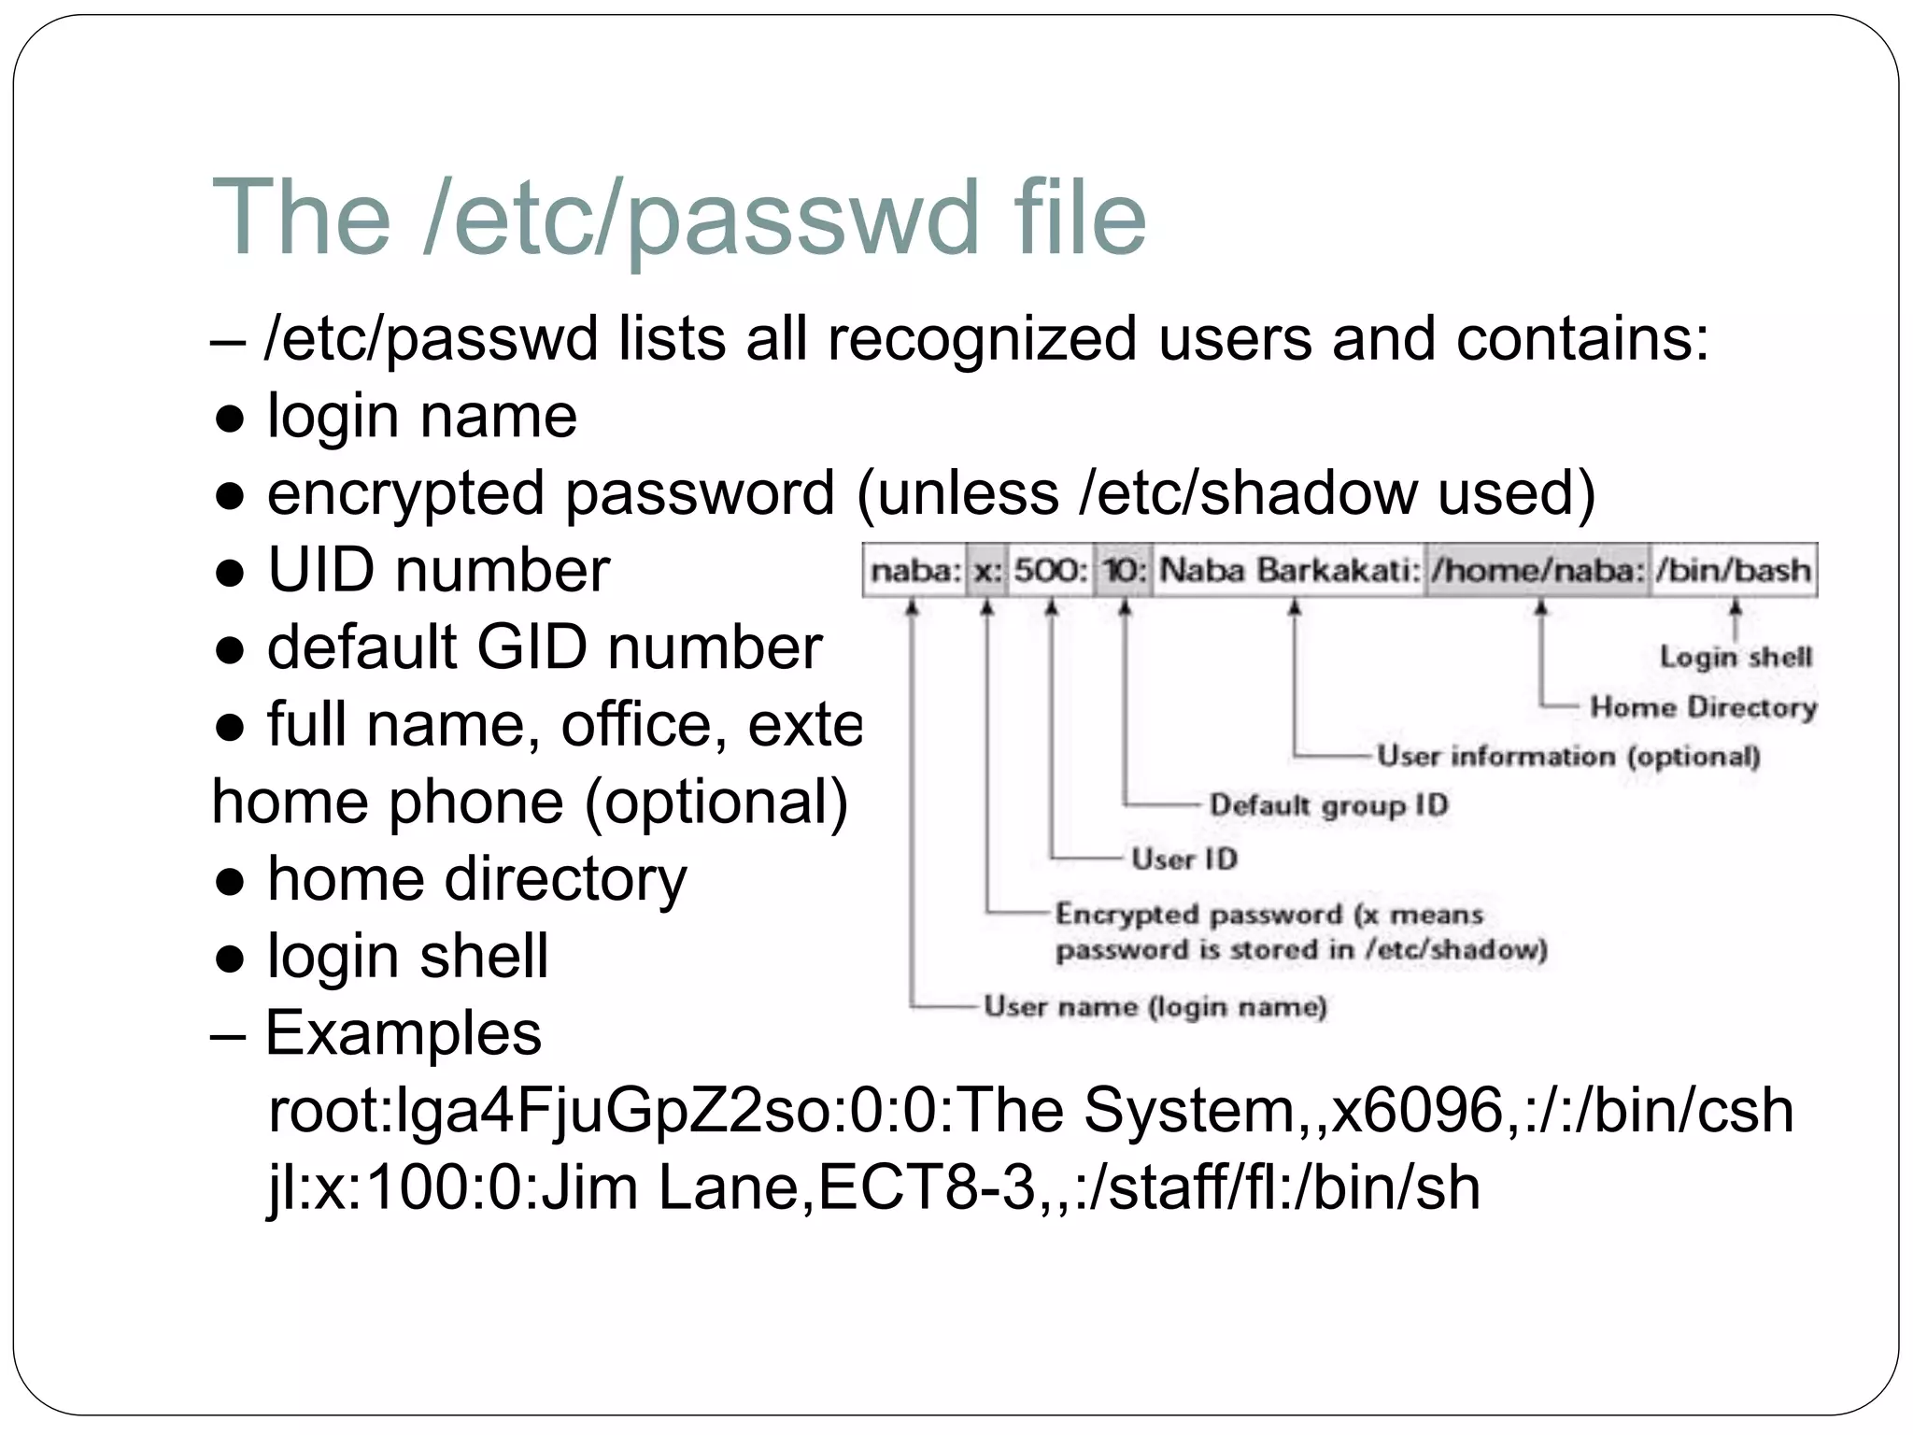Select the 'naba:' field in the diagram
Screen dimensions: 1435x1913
914,570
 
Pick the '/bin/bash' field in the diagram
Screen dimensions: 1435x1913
1733,570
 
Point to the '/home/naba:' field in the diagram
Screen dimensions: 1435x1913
1538,570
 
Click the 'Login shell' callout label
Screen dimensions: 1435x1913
1735,657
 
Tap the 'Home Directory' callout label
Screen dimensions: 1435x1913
1703,707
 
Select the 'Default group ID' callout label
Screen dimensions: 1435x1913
1328,804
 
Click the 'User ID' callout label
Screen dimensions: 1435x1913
1183,859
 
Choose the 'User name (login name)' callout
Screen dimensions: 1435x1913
1155,1006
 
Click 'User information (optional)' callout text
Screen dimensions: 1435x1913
1567,755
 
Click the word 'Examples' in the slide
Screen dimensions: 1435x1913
404,1033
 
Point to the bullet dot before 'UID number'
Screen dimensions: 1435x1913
230,572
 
